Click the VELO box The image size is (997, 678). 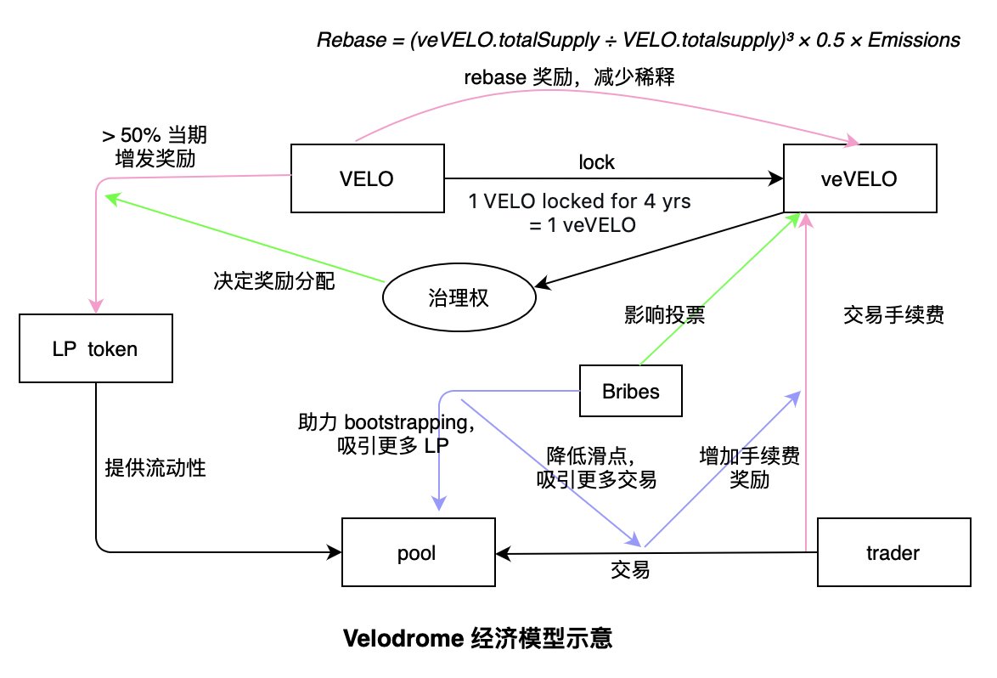pos(368,178)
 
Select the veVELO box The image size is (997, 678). pos(859,178)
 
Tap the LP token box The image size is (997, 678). pos(96,347)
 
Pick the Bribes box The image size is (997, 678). pos(631,391)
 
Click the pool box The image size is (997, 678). pos(419,552)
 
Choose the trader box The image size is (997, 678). pos(894,552)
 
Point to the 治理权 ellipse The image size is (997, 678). pos(459,297)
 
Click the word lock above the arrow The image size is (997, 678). pos(596,162)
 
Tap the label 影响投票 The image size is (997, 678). pos(664,314)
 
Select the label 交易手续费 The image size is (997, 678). pos(893,314)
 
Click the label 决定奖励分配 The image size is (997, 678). pos(274,280)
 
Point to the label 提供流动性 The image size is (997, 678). pos(155,467)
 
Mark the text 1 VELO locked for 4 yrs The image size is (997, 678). pos(579,201)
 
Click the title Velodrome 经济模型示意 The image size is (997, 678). pos(477,637)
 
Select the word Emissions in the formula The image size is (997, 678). pos(914,39)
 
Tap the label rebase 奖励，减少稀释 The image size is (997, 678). pos(569,77)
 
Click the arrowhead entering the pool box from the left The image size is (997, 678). pos(334,552)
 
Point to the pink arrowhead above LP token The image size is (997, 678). pos(96,305)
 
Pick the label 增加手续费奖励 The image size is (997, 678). pos(750,466)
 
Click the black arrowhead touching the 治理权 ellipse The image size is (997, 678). pos(544,282)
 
